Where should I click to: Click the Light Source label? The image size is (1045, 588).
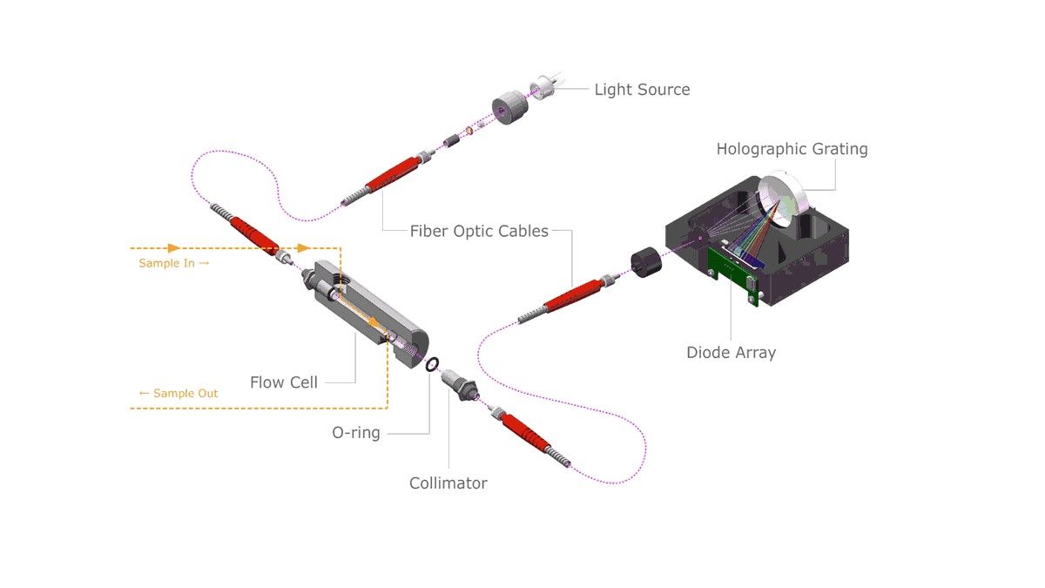(x=642, y=90)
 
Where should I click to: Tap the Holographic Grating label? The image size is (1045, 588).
(x=792, y=149)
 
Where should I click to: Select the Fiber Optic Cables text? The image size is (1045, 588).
(x=479, y=232)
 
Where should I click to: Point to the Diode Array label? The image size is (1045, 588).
(x=731, y=353)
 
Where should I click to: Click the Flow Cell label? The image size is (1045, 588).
(x=284, y=382)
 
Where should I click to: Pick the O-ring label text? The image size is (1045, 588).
(x=356, y=433)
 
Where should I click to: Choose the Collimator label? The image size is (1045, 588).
(x=448, y=483)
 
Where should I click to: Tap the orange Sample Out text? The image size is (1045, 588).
(x=179, y=394)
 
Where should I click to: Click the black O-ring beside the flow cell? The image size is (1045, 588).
(x=432, y=364)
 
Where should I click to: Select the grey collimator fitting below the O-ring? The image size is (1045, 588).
(x=459, y=386)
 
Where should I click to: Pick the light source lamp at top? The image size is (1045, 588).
(x=545, y=88)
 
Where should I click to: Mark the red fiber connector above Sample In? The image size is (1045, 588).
(x=253, y=233)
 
